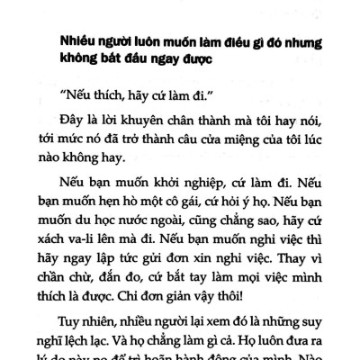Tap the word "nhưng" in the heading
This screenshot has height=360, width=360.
(303, 44)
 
